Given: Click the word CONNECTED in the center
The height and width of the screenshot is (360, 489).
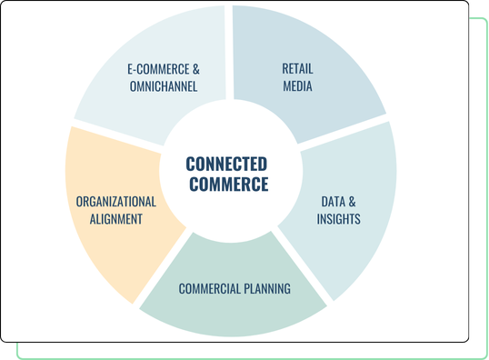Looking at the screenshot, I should click(226, 165).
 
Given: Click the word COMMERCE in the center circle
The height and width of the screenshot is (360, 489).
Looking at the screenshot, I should click(226, 185).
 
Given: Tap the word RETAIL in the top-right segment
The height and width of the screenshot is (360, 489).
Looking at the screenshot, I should click(296, 69).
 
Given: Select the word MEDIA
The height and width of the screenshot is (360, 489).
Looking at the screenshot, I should click(296, 87).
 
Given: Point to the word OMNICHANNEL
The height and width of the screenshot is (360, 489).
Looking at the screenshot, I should click(164, 87).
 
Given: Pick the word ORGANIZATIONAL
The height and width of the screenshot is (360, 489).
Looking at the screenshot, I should click(116, 202).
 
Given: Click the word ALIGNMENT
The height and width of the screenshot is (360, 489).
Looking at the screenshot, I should click(116, 219).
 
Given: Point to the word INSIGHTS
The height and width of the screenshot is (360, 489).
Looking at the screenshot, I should click(339, 219).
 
